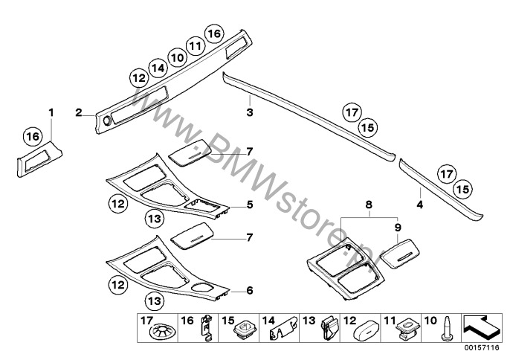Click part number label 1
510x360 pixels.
51,112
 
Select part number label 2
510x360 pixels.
78,112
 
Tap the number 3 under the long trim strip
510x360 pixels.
250,112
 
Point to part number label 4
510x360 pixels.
420,205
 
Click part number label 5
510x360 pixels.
250,205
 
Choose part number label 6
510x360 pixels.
250,290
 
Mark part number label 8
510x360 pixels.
369,205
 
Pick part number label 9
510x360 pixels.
398,227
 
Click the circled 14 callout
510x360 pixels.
158,68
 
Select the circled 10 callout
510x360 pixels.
177,57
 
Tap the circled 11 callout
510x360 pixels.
196,46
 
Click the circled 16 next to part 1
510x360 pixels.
33,136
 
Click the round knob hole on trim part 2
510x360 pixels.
106,121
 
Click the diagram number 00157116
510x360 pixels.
482,348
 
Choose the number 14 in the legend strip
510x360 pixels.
268,321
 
